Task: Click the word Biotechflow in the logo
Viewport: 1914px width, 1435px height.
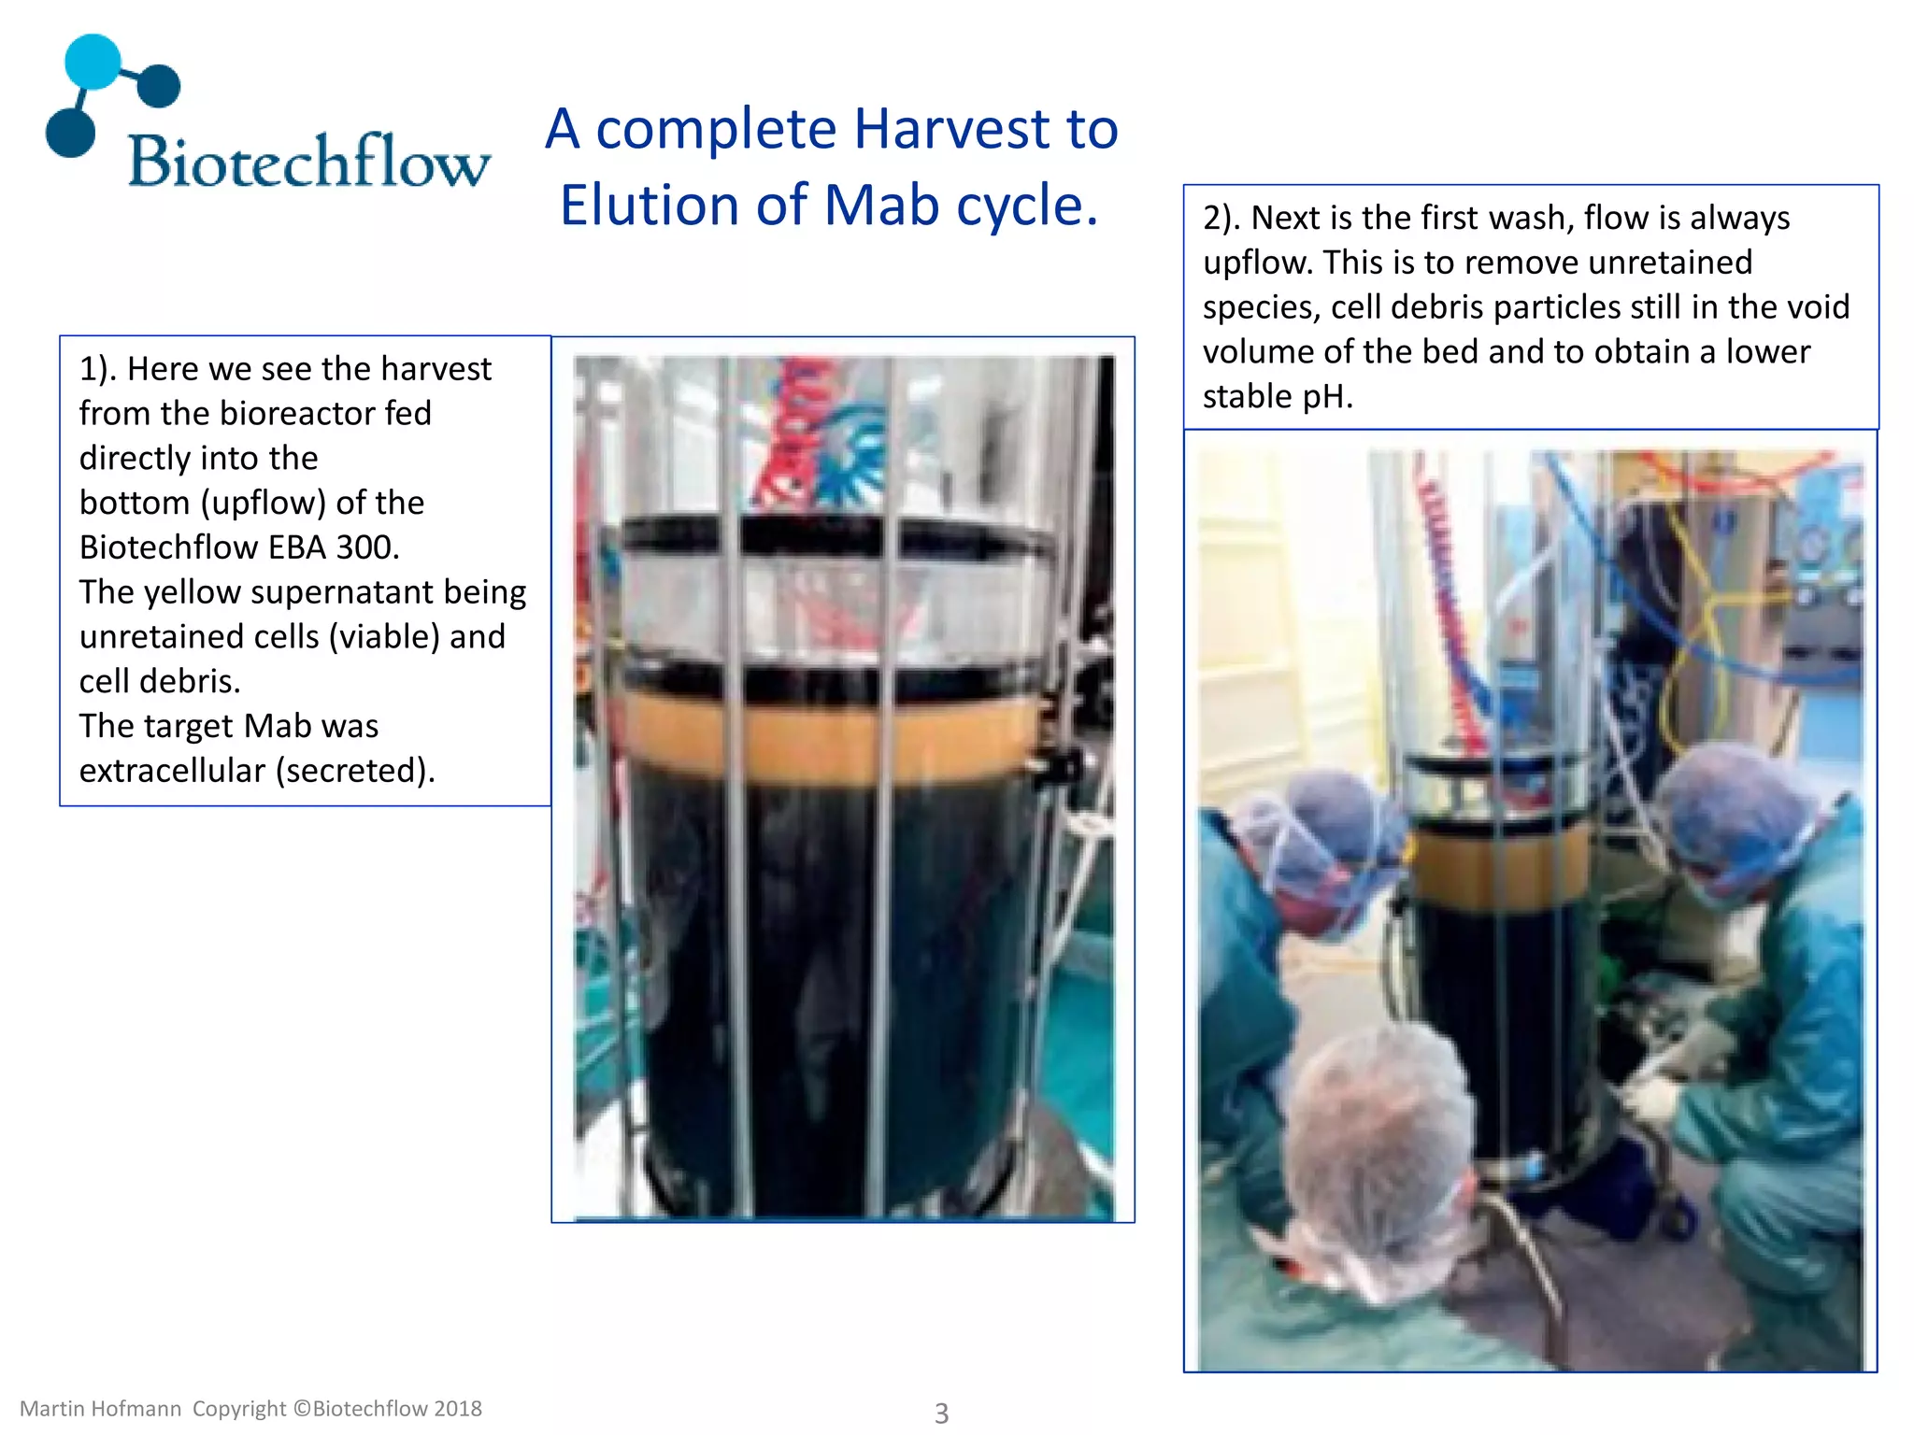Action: [x=308, y=161]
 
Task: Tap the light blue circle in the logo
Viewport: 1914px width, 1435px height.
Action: [x=93, y=62]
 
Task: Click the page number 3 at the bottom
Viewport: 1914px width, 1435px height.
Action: [x=941, y=1413]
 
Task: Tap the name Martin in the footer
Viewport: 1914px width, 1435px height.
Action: [x=55, y=1409]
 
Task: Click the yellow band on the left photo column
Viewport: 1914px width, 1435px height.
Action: [x=832, y=738]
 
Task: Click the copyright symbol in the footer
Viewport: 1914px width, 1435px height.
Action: [x=301, y=1409]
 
